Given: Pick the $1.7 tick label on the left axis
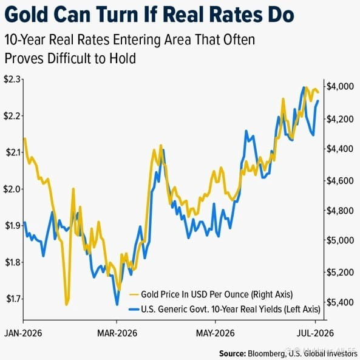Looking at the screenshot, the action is (13, 299).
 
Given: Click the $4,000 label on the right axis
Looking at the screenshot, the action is (340, 87).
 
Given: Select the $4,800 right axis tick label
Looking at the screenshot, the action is (340, 211).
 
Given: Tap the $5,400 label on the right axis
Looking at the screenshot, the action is (340, 302).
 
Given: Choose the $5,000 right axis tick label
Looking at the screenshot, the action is (340, 240).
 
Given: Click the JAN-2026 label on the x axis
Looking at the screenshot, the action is (23, 333).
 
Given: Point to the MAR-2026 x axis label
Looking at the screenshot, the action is (117, 333).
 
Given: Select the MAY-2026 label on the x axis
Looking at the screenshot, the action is (216, 333).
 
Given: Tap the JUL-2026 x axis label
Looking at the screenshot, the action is (315, 333).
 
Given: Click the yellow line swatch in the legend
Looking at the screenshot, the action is (134, 294).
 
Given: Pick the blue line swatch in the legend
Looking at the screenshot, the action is (134, 309).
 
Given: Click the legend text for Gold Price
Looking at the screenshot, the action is (217, 294).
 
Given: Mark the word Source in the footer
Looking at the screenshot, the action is (233, 353).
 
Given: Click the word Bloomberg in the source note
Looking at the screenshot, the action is (267, 353).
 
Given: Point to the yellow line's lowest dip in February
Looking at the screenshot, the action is (67, 305).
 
